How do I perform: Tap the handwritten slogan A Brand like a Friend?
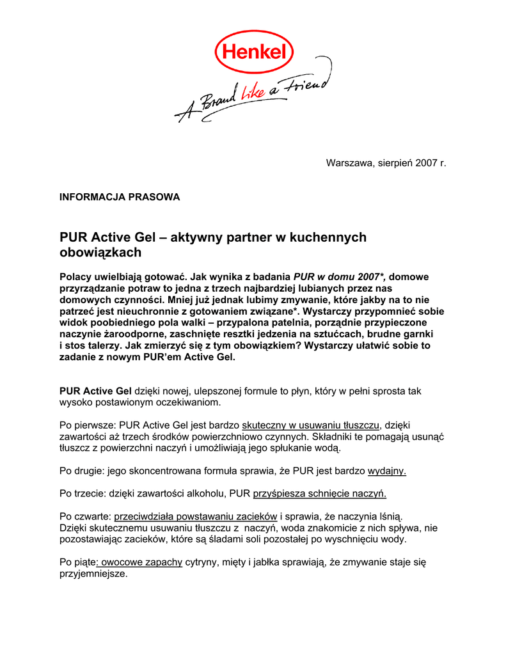[253, 96]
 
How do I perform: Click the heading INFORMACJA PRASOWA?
[120, 197]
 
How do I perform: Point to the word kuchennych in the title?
[328, 237]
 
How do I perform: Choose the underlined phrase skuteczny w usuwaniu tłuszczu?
[311, 425]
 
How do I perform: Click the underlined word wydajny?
[387, 471]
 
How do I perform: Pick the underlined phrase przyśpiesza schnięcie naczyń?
[320, 494]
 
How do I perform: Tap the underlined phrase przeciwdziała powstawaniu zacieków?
[196, 516]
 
